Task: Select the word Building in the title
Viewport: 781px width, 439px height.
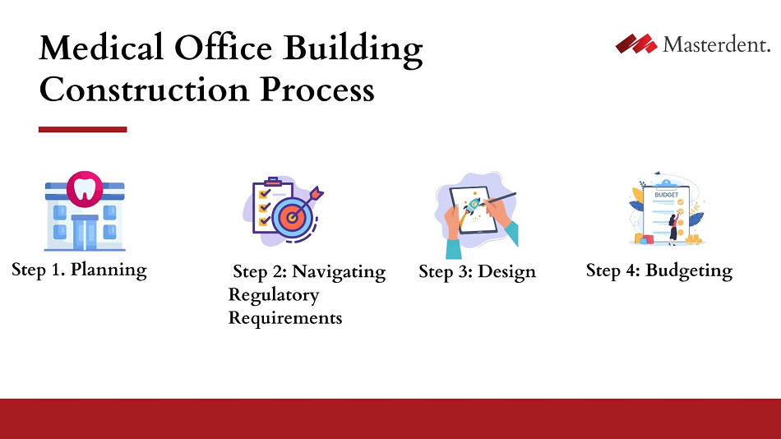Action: pyautogui.click(x=354, y=49)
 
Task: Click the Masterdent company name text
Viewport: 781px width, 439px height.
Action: pyautogui.click(x=716, y=44)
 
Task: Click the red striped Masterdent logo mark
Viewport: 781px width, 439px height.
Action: pyautogui.click(x=636, y=44)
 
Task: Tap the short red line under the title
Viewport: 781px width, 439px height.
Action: pyautogui.click(x=82, y=129)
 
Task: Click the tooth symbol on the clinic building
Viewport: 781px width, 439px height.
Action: pyautogui.click(x=83, y=188)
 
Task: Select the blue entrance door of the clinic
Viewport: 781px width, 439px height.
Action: pyautogui.click(x=84, y=231)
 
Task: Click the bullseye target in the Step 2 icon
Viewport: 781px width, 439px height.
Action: pyautogui.click(x=292, y=215)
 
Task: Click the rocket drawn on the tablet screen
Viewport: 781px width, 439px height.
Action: pyautogui.click(x=475, y=206)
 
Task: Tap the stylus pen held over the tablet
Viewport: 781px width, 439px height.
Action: pyautogui.click(x=501, y=199)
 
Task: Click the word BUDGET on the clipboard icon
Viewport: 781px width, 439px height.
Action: pyautogui.click(x=666, y=196)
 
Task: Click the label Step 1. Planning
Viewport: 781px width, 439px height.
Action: pyautogui.click(x=79, y=270)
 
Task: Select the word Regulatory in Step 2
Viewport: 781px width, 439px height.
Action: pyautogui.click(x=273, y=294)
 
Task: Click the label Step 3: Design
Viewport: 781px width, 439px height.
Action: pyautogui.click(x=477, y=271)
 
